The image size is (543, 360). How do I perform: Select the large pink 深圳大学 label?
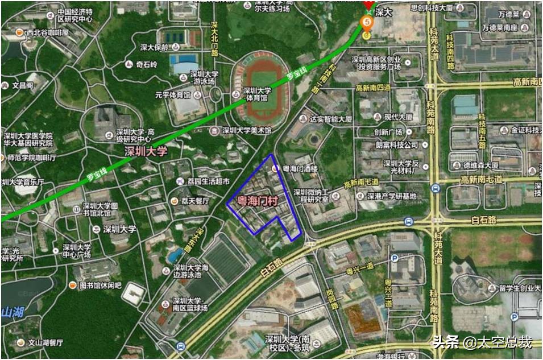pyautogui.click(x=146, y=151)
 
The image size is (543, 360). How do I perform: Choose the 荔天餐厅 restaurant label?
pyautogui.click(x=194, y=201)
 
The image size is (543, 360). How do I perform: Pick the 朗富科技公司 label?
pyautogui.click(x=397, y=145)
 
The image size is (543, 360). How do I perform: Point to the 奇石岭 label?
pyautogui.click(x=146, y=64)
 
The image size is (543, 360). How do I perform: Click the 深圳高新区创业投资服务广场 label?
pyautogui.click(x=376, y=63)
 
